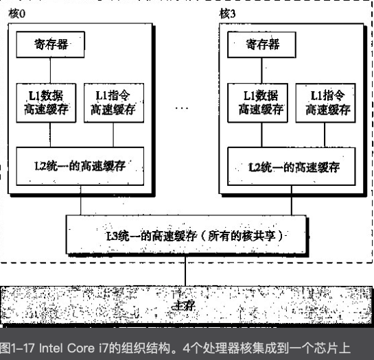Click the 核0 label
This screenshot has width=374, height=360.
(17, 14)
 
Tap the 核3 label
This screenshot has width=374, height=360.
(227, 14)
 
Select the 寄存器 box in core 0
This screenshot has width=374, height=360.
(50, 45)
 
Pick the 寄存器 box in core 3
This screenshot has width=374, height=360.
(261, 45)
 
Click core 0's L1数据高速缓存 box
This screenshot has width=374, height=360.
(46, 103)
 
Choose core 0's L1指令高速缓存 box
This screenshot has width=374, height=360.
(114, 103)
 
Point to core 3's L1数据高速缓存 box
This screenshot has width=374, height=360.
(257, 103)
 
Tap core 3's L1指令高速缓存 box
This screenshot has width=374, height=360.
(325, 103)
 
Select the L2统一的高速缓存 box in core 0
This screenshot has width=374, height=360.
(80, 166)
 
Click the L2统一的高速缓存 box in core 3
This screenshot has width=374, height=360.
(292, 167)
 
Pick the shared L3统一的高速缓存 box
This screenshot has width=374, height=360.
(186, 235)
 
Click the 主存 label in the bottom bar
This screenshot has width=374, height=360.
(184, 306)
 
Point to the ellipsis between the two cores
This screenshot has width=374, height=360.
(182, 108)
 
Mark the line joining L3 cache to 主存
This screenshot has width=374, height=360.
(185, 272)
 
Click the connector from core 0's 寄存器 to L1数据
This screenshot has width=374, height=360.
(50, 71)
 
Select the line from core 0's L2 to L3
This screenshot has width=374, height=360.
(80, 200)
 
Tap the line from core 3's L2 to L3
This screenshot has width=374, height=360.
(292, 200)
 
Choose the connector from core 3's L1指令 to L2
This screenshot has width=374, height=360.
(325, 135)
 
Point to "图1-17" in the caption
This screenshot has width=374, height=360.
(17, 348)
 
